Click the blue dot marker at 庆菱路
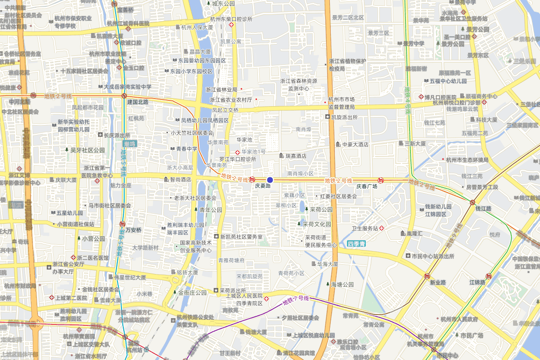(x=270, y=180)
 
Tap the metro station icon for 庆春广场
(x=381, y=180)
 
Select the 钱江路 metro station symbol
(x=472, y=202)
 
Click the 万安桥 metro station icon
(x=122, y=224)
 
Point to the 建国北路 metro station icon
(x=124, y=96)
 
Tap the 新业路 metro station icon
(x=427, y=276)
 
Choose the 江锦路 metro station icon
(x=488, y=276)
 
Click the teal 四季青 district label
(x=357, y=244)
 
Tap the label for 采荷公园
(x=321, y=209)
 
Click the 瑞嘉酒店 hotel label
(x=292, y=156)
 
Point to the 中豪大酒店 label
(x=355, y=144)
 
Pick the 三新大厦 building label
(x=415, y=144)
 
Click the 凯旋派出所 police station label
(x=344, y=117)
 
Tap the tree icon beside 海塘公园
(x=328, y=284)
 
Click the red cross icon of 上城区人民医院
(x=267, y=299)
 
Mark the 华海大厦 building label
(x=327, y=264)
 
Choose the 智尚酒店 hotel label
(x=180, y=179)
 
